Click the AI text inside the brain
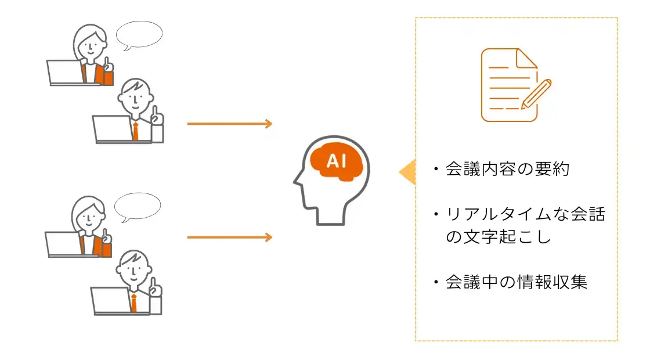337,161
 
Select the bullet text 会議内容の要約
508,170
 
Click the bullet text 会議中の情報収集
517,282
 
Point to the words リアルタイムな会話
525,215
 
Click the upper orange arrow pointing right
229,124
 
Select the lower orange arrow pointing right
229,237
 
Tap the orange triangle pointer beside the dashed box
408,172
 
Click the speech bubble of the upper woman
139,35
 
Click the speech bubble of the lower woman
137,206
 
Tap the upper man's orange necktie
135,131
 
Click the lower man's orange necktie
133,303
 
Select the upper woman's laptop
64,73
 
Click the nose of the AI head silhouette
295,181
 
